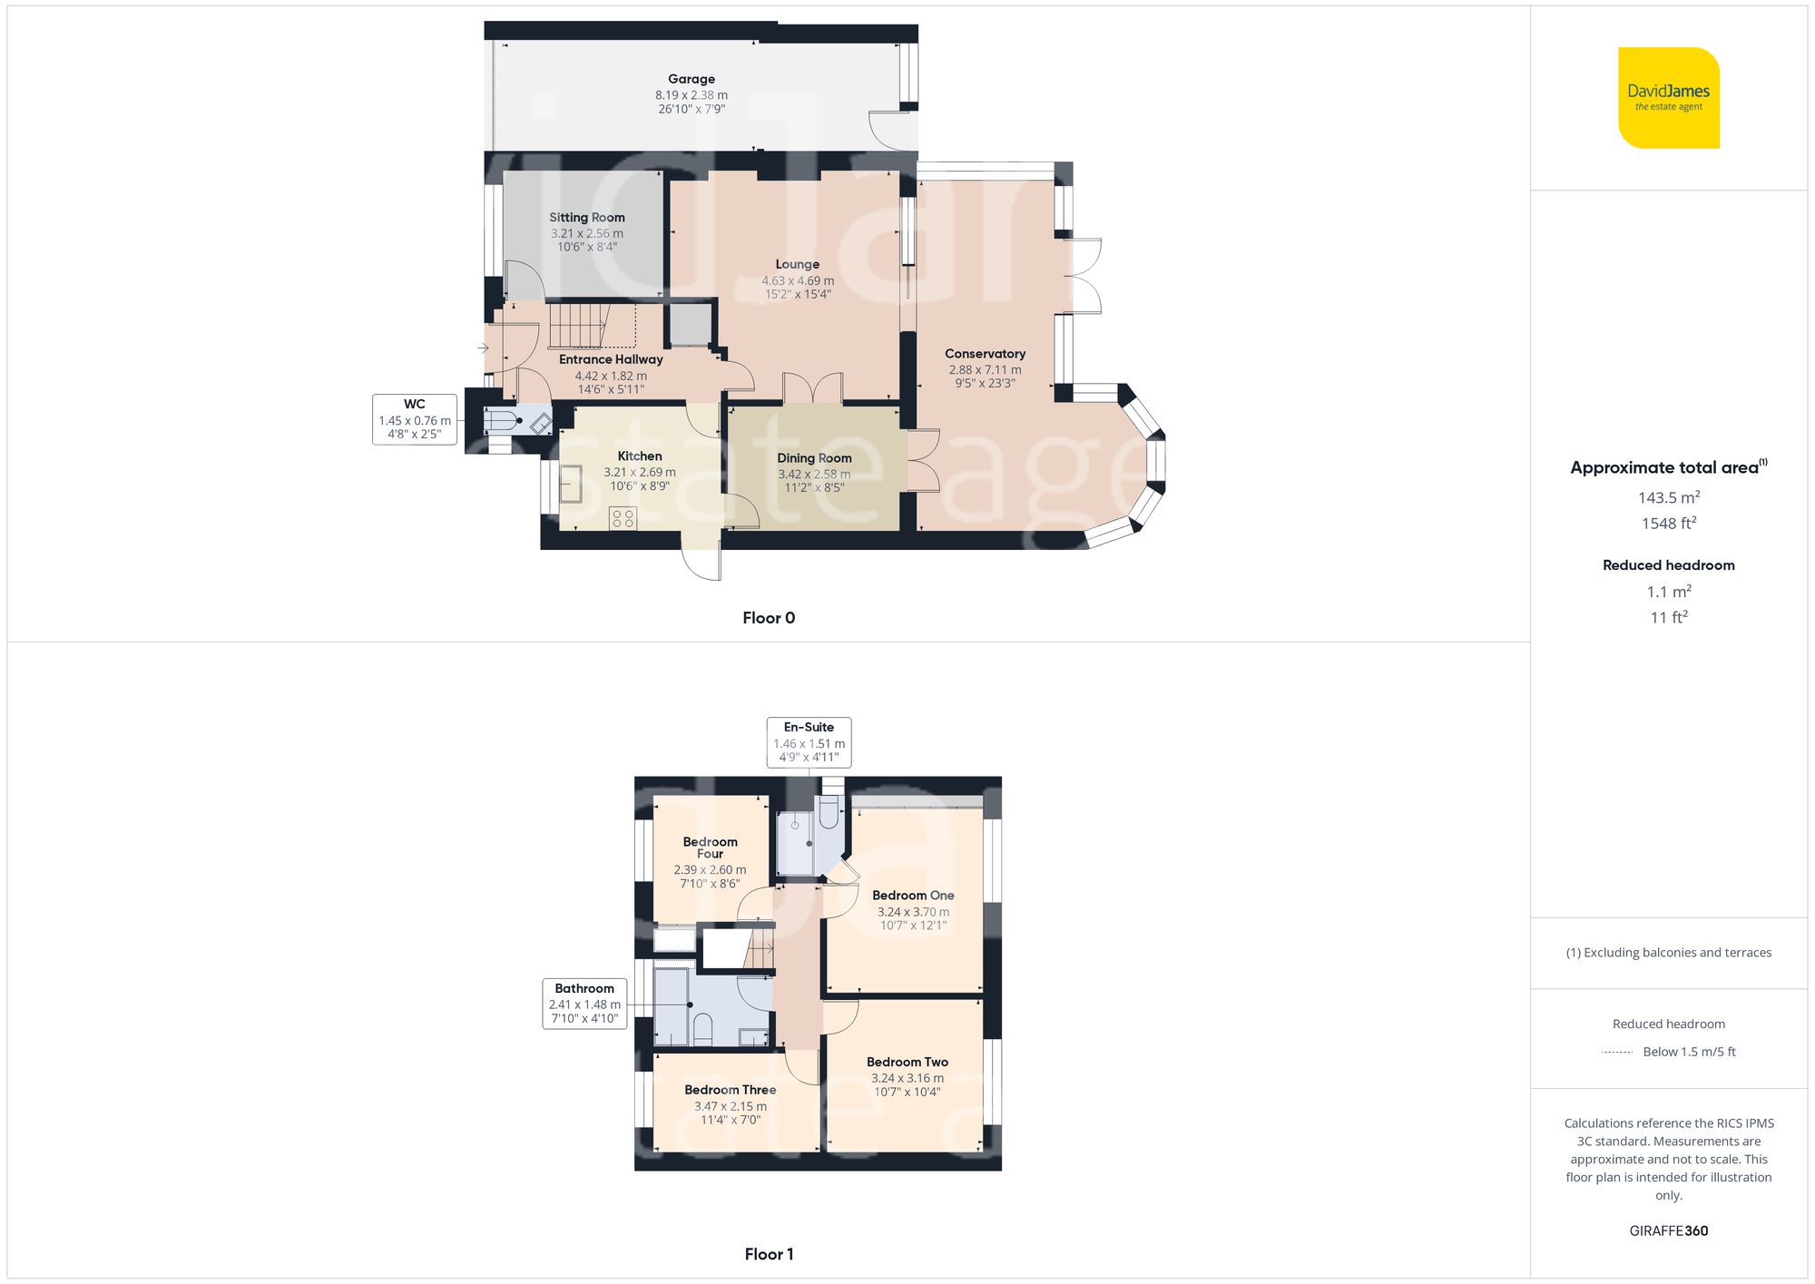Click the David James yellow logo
pos(1668,98)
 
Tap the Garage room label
pos(692,79)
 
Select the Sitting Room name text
pos(586,217)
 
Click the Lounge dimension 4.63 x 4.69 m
pos(797,280)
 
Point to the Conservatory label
pos(985,354)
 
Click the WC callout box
pos(414,419)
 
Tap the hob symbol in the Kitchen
pos(623,519)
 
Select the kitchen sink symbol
pos(571,484)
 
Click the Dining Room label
pos(814,458)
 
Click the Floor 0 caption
pos(768,618)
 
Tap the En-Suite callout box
pos(808,741)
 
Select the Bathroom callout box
pos(584,1003)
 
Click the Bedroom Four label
pos(710,848)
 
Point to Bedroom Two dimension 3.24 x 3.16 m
pos(907,1078)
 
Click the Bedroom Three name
pos(730,1090)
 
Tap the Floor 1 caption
pos(768,1254)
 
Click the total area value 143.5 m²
pos(1668,497)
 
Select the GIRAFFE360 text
pos(1668,1230)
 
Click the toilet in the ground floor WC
pos(502,421)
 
